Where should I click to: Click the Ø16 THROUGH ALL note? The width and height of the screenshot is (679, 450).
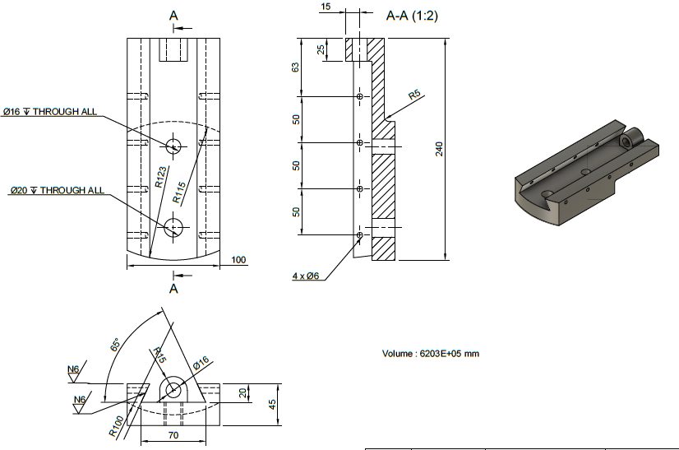click(49, 112)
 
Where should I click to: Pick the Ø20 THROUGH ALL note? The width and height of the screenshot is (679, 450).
click(57, 190)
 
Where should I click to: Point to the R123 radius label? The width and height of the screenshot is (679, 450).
click(161, 178)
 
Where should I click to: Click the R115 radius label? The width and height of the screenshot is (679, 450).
click(180, 192)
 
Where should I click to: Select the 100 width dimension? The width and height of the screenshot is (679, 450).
click(238, 260)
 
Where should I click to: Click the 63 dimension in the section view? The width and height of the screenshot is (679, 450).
click(296, 67)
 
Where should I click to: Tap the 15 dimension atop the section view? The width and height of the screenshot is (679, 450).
click(326, 7)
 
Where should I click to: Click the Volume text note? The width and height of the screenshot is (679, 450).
click(430, 354)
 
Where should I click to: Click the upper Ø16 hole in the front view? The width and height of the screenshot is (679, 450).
click(173, 146)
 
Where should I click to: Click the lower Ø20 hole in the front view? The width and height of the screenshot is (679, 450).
click(173, 227)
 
